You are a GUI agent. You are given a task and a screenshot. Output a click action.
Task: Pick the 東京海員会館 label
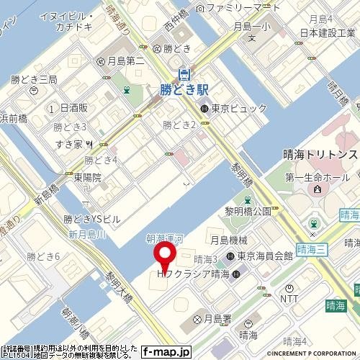tap(264, 256)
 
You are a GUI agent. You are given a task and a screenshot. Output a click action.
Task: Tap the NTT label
tap(288, 297)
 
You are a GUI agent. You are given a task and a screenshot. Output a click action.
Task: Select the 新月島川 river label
tap(87, 235)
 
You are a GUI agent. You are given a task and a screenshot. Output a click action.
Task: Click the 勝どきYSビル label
tap(93, 218)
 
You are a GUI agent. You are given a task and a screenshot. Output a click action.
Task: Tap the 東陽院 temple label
tap(88, 177)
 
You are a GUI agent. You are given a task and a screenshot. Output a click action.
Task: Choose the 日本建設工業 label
tap(331, 33)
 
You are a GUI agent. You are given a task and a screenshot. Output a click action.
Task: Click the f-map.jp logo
tap(166, 352)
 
